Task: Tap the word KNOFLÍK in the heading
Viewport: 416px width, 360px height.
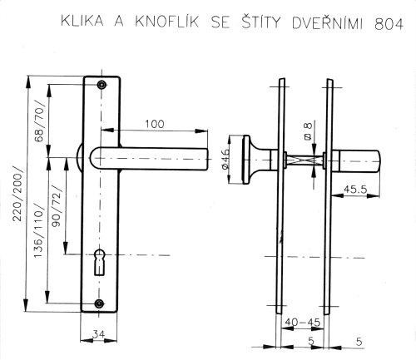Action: click(167, 22)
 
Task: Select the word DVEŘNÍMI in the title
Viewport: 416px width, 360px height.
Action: click(327, 22)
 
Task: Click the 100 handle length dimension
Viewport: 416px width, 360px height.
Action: click(155, 124)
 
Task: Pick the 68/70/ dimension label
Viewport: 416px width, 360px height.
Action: click(39, 121)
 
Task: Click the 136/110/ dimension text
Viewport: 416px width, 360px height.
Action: click(38, 231)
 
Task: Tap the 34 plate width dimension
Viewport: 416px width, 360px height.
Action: click(98, 334)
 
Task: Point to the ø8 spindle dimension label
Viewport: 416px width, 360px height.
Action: click(308, 130)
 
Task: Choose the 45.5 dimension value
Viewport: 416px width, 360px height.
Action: click(355, 190)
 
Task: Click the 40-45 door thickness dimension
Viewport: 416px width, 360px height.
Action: click(302, 322)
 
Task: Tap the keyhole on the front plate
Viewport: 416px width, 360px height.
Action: click(99, 262)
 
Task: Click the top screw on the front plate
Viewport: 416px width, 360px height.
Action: click(102, 85)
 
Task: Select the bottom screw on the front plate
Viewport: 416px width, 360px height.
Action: click(99, 303)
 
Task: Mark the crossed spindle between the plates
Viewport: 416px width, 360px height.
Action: click(305, 160)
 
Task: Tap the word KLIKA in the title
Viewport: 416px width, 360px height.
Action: click(82, 21)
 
